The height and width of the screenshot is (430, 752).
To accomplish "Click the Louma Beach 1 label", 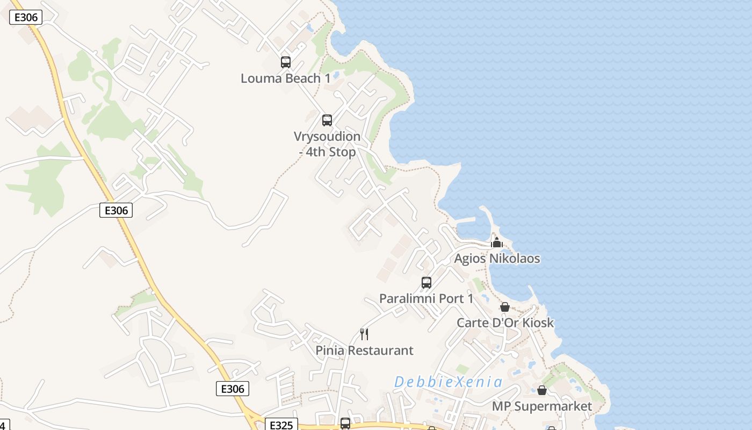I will click(285, 78).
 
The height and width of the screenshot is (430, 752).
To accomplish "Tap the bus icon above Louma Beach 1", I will click(286, 62).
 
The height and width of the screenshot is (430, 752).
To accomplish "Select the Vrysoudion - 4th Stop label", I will click(327, 144).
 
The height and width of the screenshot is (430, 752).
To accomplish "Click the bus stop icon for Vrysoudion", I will click(327, 120).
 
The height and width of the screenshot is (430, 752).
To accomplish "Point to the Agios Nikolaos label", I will click(497, 259).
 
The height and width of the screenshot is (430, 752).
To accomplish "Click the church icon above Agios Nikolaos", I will click(497, 242).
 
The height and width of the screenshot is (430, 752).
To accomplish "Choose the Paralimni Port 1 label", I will click(426, 298).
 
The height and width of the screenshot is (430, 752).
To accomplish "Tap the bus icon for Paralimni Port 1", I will click(426, 282).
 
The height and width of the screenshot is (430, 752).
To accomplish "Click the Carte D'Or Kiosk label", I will click(505, 322).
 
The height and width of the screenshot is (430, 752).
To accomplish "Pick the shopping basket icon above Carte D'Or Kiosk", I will click(505, 307).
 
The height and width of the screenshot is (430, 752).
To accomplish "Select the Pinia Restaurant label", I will click(364, 350).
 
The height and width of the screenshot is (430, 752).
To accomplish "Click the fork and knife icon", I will click(364, 334).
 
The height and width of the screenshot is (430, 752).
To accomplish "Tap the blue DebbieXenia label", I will click(449, 382).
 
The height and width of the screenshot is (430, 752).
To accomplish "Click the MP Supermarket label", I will click(542, 406).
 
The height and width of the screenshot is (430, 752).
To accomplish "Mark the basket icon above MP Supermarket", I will click(542, 390).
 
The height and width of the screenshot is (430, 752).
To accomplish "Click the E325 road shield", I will click(281, 425).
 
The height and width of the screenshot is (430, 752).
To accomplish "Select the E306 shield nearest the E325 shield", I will click(233, 389).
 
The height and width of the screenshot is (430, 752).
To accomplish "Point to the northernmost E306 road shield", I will click(26, 17).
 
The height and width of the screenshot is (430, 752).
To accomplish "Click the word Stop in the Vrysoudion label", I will click(342, 152).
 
